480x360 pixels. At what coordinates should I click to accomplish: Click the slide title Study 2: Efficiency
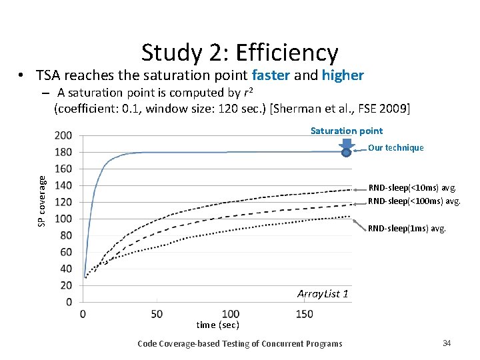(239, 53)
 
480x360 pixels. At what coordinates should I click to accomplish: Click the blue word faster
(271, 75)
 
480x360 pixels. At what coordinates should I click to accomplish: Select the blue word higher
(343, 75)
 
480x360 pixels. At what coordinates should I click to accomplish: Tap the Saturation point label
(346, 131)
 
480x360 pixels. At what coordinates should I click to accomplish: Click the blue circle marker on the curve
(347, 153)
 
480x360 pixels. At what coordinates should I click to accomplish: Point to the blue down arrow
(346, 143)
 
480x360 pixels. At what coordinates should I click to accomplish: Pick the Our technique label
(395, 148)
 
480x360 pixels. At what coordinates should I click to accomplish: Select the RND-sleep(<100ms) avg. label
(414, 201)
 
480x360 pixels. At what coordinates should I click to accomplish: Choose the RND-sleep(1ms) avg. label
(407, 228)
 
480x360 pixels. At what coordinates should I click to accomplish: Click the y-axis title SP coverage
(42, 200)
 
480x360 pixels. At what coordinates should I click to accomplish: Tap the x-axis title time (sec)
(217, 325)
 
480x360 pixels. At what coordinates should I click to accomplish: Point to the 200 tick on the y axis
(63, 135)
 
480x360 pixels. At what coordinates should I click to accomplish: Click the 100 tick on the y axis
(63, 219)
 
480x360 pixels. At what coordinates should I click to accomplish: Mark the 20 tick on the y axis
(65, 285)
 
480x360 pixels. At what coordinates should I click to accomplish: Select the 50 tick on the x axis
(156, 313)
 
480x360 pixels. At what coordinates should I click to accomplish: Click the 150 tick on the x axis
(303, 313)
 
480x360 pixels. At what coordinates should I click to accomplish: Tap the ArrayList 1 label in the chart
(323, 294)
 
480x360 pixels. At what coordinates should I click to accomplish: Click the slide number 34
(447, 343)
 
